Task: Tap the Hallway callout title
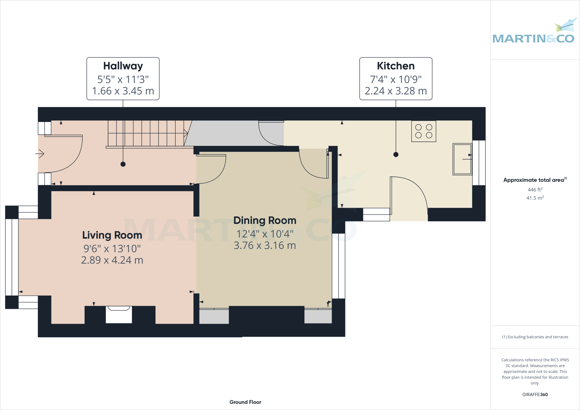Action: [123, 66]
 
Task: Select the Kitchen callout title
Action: [396, 66]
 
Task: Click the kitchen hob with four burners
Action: [424, 131]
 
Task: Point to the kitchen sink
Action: [462, 159]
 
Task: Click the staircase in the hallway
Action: [147, 133]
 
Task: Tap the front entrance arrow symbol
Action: [40, 154]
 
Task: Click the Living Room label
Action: [112, 235]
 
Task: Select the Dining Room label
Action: [265, 221]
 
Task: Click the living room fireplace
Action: [119, 314]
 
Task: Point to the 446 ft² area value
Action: [535, 190]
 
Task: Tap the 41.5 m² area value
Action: [535, 198]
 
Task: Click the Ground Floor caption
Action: [245, 402]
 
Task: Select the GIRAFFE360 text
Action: [535, 394]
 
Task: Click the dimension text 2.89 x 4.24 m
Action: [112, 260]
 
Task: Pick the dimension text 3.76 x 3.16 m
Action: [265, 245]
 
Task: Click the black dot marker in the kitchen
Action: [396, 155]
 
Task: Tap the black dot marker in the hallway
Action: [123, 164]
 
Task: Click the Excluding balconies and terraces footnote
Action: [535, 337]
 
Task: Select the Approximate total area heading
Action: [534, 180]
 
